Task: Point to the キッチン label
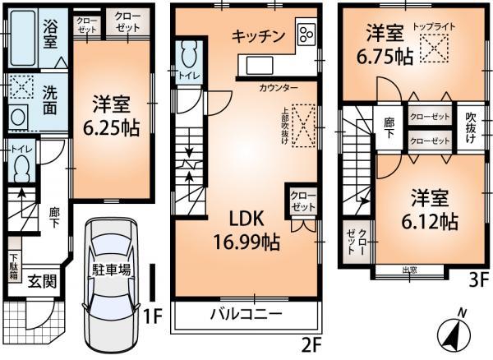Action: coord(258,36)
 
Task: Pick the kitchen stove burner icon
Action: coord(306,35)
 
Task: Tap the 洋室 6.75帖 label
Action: coord(386,45)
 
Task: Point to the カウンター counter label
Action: coord(279,87)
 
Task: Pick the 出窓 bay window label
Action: coord(409,269)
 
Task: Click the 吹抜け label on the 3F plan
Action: coord(472,128)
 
